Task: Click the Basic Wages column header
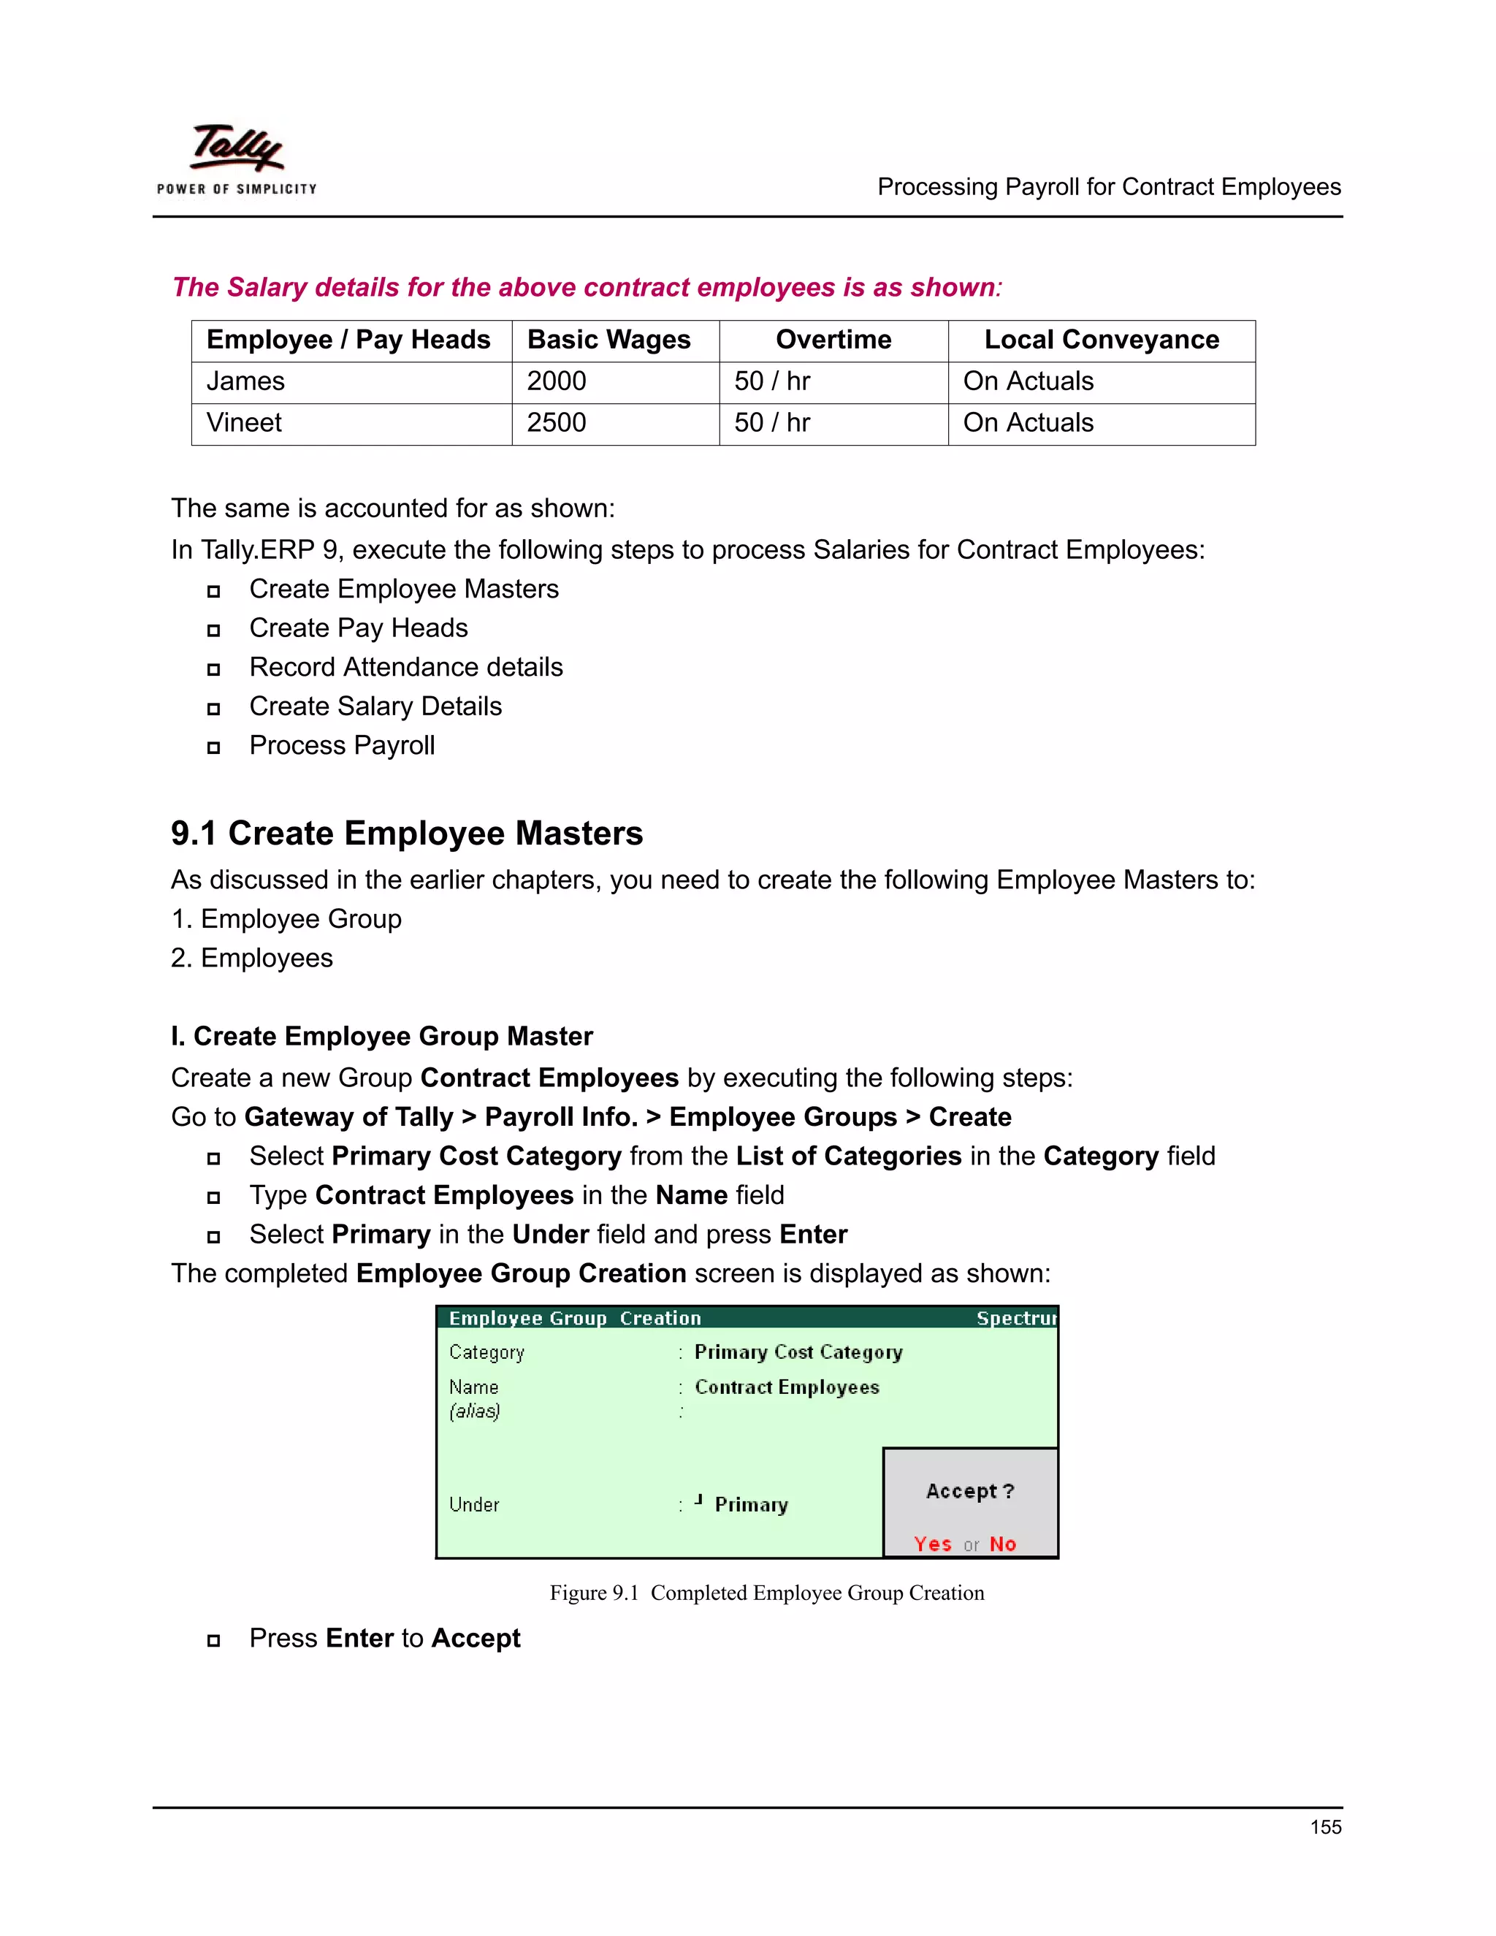[x=609, y=340]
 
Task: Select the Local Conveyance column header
[x=1101, y=340]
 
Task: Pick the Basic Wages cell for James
[x=557, y=382]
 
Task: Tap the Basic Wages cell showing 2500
[x=557, y=424]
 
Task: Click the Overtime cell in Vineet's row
[x=772, y=424]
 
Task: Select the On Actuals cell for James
[x=1028, y=382]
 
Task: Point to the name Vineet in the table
[x=245, y=424]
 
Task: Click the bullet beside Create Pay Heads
[x=213, y=630]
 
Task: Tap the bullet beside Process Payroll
[x=213, y=748]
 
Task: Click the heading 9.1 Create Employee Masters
[x=407, y=834]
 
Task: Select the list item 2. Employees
[x=252, y=959]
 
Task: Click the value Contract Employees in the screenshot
[x=787, y=1387]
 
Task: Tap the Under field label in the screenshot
[x=474, y=1504]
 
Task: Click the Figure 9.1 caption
[x=766, y=1593]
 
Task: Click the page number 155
[x=1325, y=1827]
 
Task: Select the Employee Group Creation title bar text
[x=574, y=1318]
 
